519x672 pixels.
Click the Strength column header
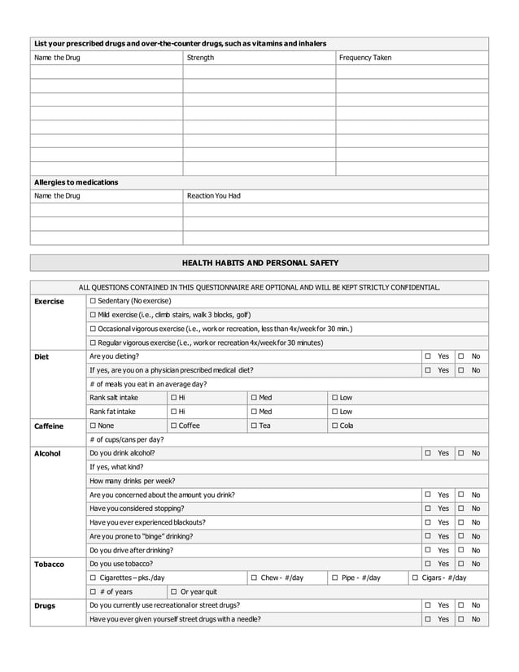(201, 58)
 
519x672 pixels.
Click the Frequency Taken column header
(365, 58)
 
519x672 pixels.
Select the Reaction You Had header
(214, 196)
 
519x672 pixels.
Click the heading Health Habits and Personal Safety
(259, 263)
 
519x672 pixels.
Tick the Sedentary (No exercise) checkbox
(93, 301)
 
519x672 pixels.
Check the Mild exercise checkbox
(93, 315)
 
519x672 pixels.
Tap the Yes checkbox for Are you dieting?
(428, 356)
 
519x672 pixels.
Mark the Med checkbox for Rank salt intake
(255, 398)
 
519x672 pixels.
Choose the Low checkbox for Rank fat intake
(335, 412)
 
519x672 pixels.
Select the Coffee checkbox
(174, 425)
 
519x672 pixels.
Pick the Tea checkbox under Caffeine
(255, 425)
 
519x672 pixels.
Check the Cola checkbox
(335, 425)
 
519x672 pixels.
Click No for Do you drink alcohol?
(461, 453)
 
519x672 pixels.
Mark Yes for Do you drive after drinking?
(428, 550)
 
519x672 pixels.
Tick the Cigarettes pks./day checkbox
(93, 578)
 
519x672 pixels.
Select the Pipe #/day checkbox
(335, 578)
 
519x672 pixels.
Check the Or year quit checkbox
(174, 591)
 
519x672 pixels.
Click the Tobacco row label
(49, 564)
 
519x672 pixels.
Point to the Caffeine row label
(49, 425)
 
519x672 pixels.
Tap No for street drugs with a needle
(461, 619)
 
